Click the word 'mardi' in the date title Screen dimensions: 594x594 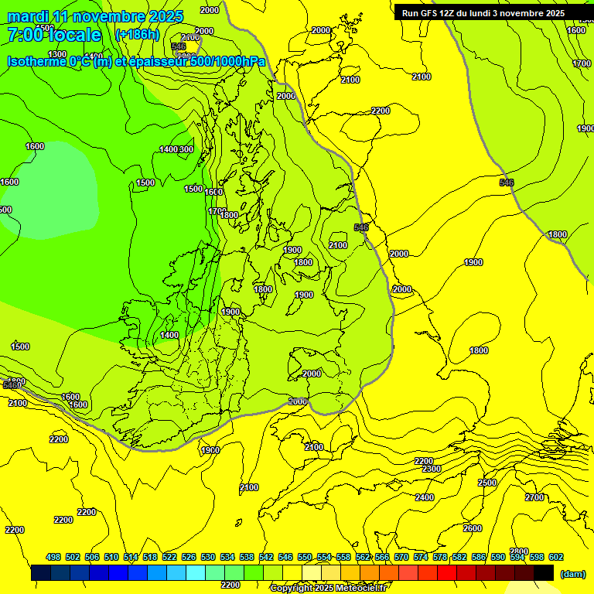tap(28, 16)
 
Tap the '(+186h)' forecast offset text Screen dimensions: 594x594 tap(136, 34)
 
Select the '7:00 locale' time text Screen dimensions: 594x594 tap(54, 35)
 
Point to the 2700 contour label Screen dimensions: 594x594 tap(534, 497)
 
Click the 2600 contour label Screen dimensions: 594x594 tap(472, 528)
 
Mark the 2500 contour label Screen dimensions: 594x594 tap(487, 483)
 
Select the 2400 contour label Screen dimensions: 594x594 tap(425, 497)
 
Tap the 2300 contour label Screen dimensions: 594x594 tap(432, 469)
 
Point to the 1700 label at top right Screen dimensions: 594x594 tap(582, 63)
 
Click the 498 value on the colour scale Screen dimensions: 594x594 tap(53, 557)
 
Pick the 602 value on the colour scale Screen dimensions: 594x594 tap(556, 557)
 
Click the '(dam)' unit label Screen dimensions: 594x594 tap(572, 574)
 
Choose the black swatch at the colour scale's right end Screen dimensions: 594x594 tap(544, 573)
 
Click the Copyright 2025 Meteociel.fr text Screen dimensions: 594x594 tap(328, 589)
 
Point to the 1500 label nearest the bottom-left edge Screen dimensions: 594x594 tap(21, 346)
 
